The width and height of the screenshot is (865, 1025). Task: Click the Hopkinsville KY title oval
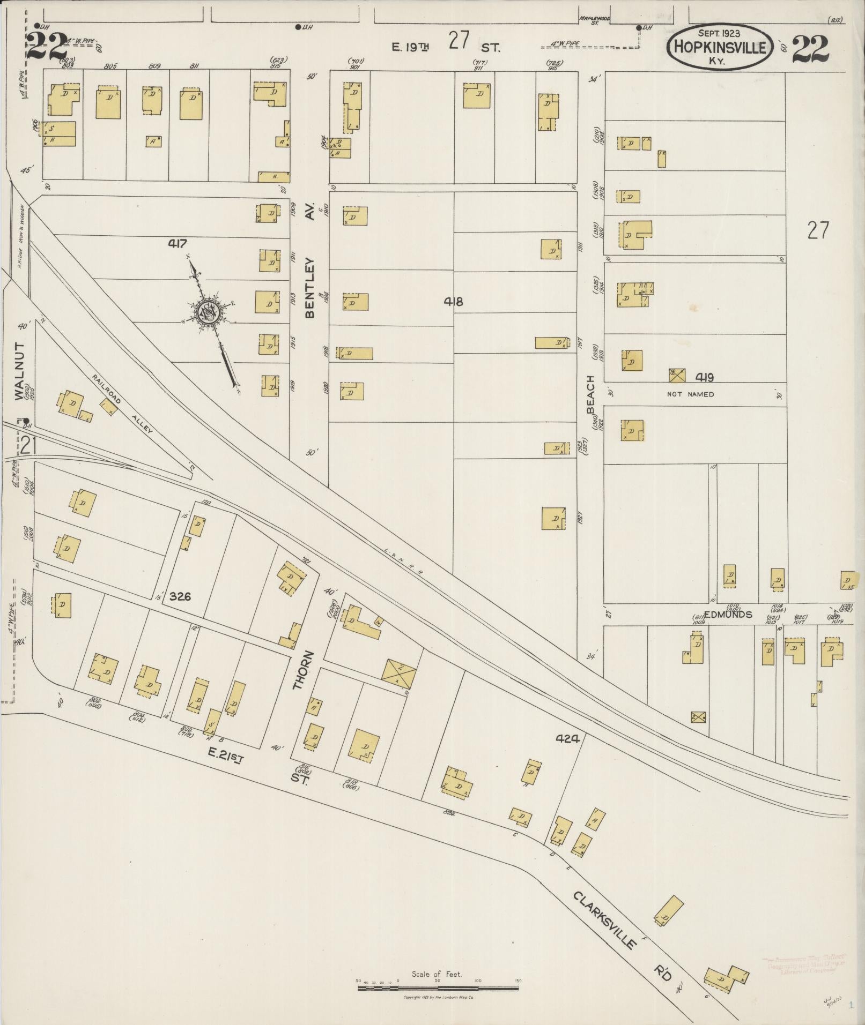coord(719,47)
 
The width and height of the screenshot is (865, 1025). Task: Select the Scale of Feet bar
coord(437,981)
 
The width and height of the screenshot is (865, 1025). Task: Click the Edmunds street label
coord(713,615)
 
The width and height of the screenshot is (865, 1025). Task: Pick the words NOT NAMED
coord(691,394)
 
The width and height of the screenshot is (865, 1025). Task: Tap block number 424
coord(567,739)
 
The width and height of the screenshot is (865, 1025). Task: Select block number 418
coord(453,301)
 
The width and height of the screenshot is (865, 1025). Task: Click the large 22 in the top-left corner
coord(47,47)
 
